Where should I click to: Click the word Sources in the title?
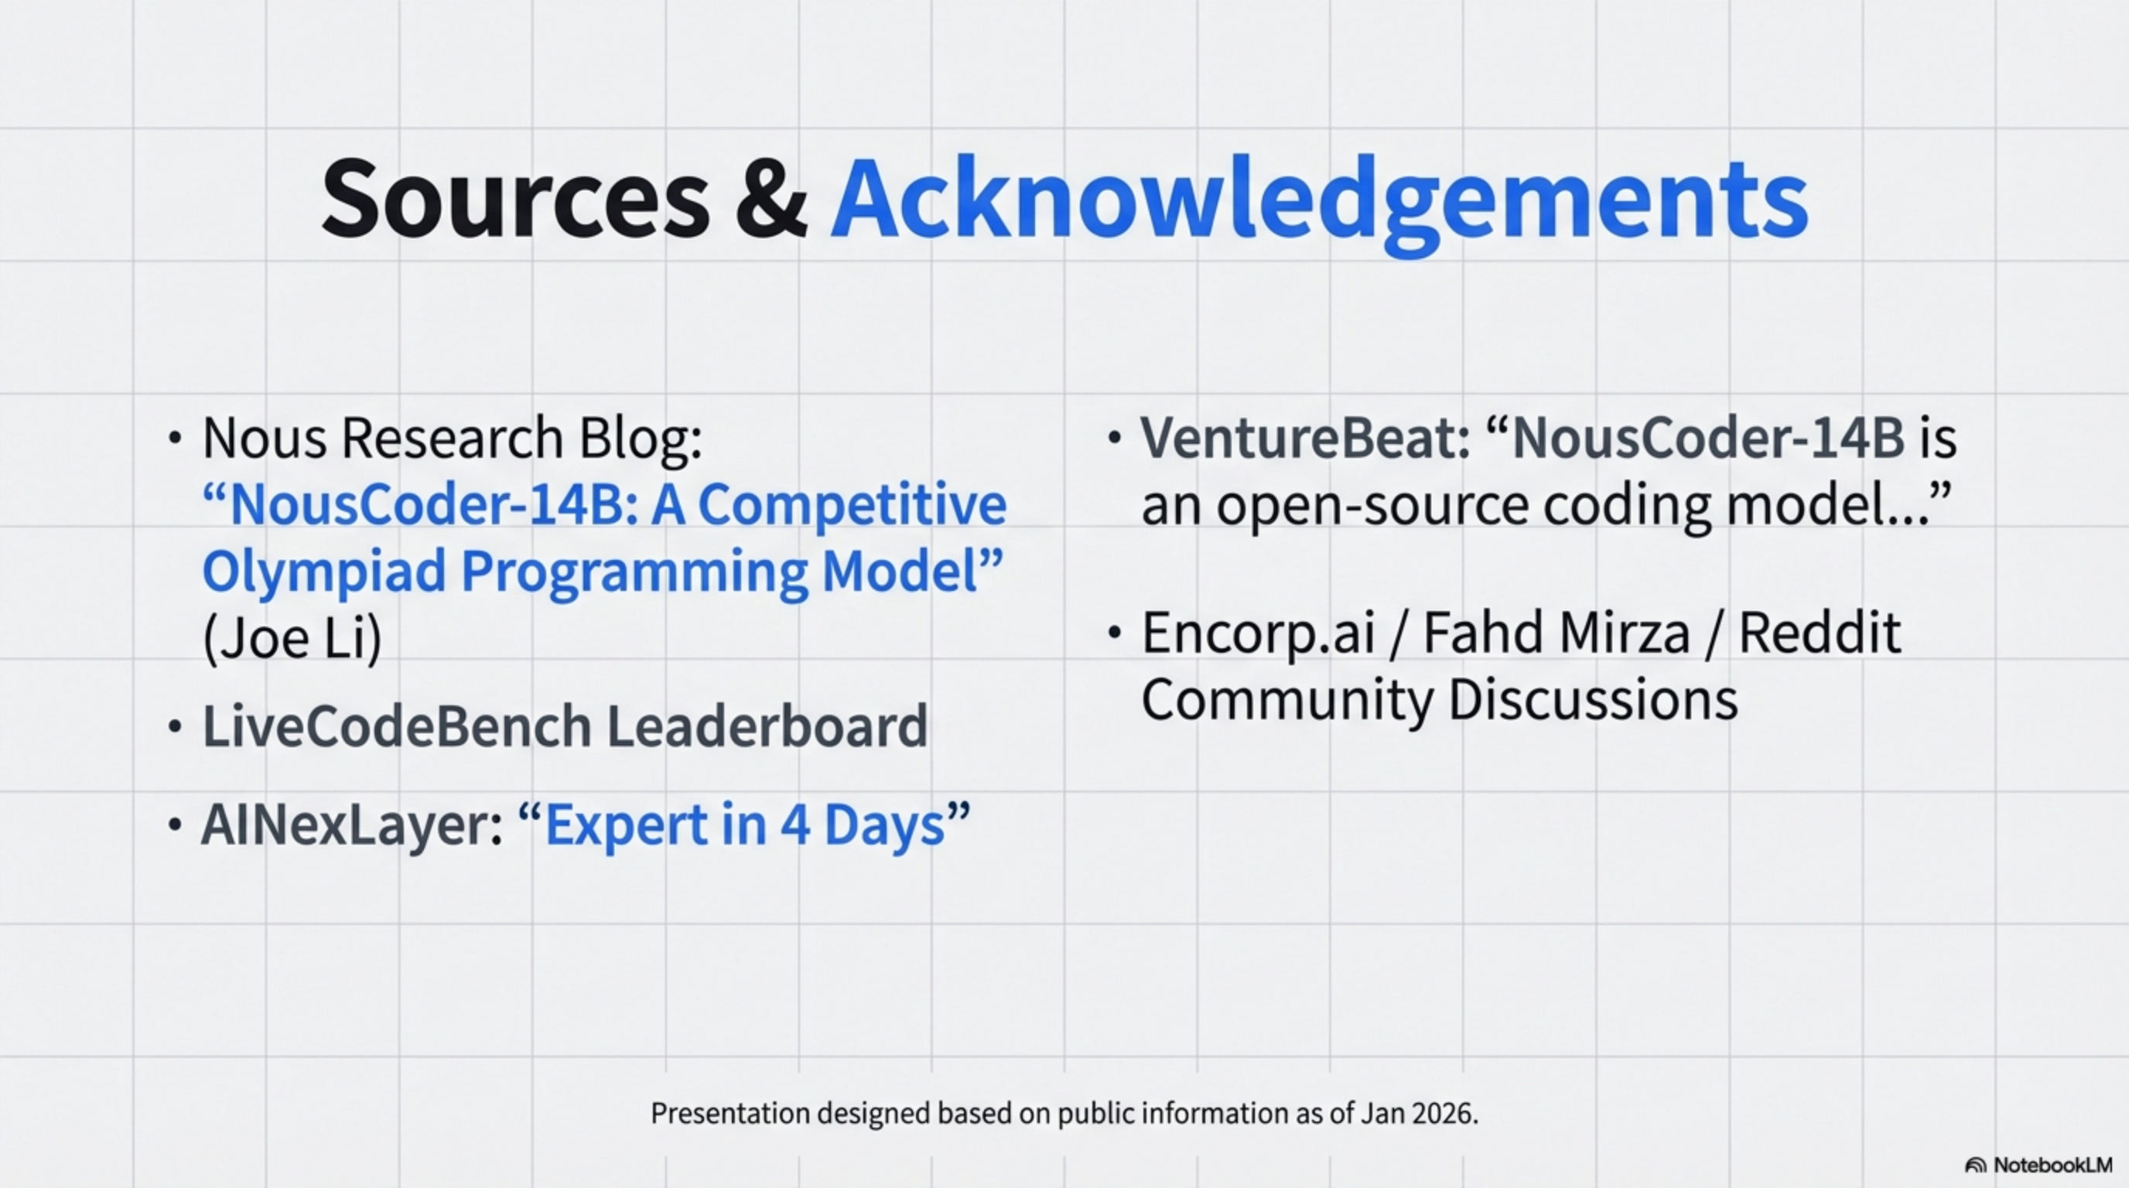(514, 200)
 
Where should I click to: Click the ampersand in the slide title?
(771, 200)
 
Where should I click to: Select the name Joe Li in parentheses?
(292, 638)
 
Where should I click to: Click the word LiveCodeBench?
(397, 726)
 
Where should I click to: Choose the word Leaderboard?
(767, 726)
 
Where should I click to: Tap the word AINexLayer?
(351, 825)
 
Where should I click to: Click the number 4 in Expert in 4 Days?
(795, 825)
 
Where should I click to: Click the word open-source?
(1372, 505)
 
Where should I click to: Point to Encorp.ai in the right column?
(1258, 633)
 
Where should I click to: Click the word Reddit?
(1819, 633)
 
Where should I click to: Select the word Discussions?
(1593, 700)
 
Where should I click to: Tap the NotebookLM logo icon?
(1975, 1166)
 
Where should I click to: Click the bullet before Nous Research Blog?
(174, 438)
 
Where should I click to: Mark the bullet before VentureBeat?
(1114, 438)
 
